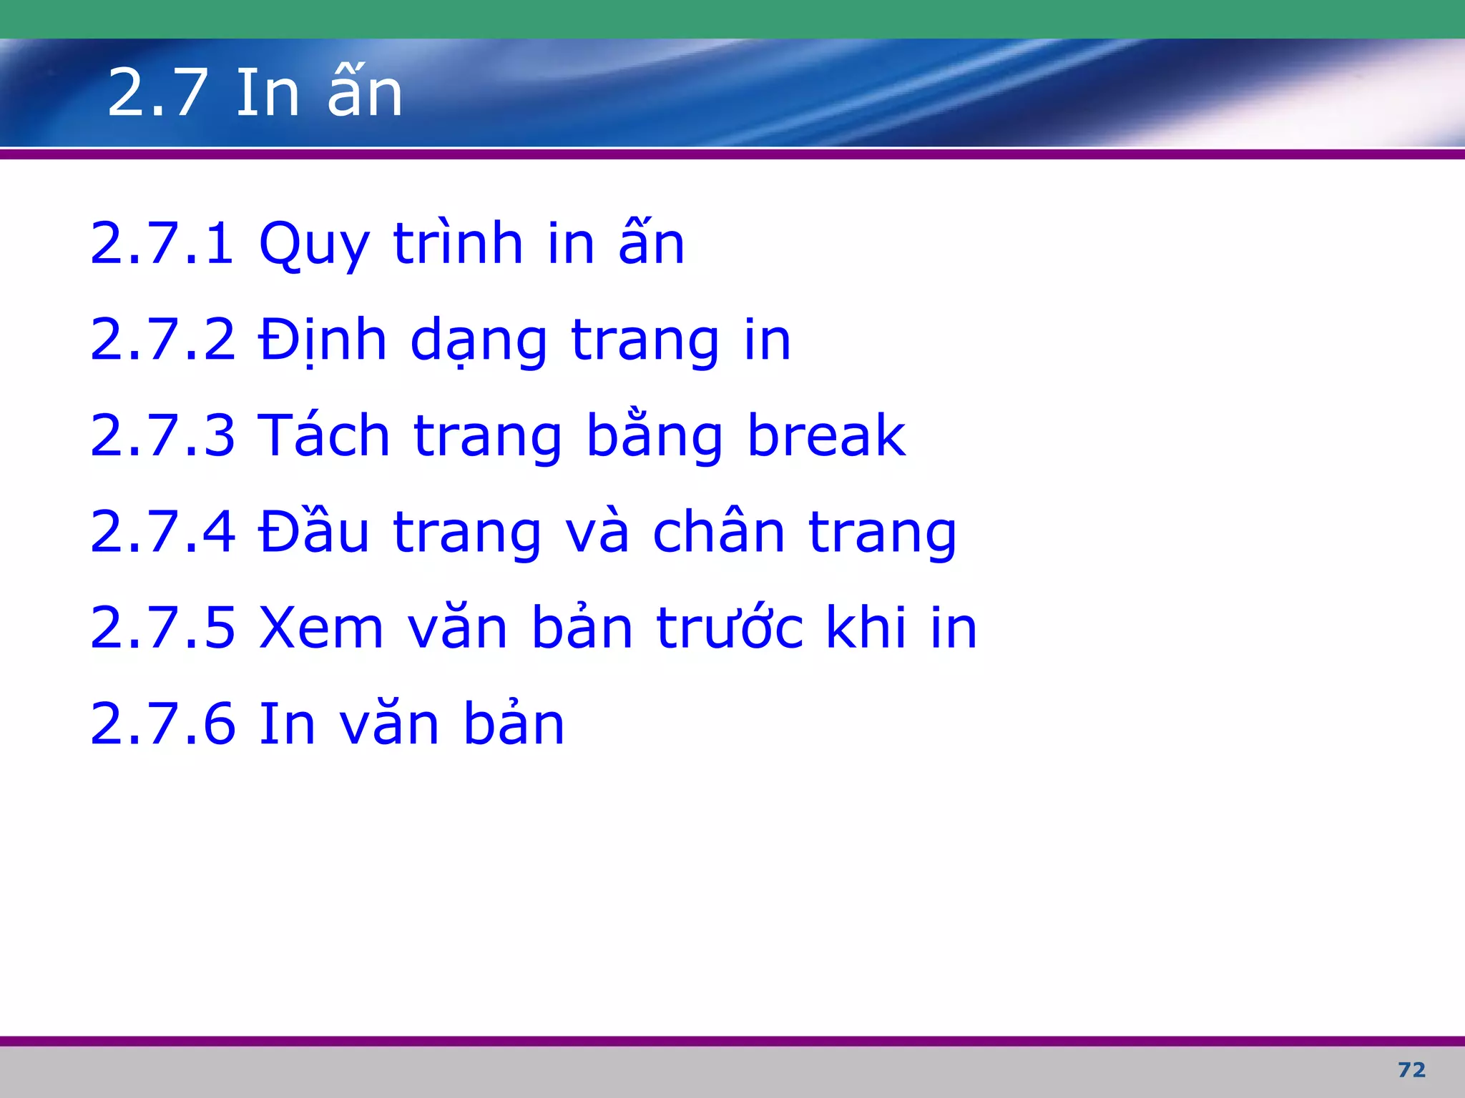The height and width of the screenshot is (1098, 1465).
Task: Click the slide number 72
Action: coord(1411,1069)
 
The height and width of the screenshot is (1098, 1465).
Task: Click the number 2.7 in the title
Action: coord(158,93)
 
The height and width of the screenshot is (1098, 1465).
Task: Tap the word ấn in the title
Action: coord(366,93)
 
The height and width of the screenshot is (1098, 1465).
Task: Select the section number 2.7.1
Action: coord(162,244)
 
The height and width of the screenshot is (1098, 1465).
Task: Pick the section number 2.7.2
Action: coord(162,340)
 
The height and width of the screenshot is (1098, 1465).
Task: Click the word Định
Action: coord(323,340)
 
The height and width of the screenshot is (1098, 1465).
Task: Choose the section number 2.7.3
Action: coord(162,435)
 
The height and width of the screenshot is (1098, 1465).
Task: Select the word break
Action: coord(826,435)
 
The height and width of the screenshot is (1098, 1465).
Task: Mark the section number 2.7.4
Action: coord(162,532)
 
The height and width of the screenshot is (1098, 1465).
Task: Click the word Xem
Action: coord(321,628)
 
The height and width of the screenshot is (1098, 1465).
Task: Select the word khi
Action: coord(866,628)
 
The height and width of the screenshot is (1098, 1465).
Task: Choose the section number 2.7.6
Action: coord(162,724)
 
